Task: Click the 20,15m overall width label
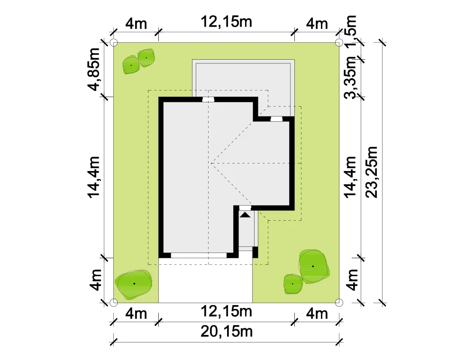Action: (x=227, y=332)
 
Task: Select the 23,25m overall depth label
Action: (x=372, y=172)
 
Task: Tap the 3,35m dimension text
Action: (x=351, y=78)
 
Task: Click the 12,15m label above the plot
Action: (x=227, y=22)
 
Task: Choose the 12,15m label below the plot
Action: (x=227, y=311)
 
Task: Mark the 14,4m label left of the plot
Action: (x=94, y=177)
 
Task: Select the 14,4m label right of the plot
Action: (x=351, y=177)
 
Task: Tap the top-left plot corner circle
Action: (x=113, y=42)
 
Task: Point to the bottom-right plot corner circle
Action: (x=339, y=302)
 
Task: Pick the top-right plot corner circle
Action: (x=339, y=42)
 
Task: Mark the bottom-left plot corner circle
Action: (x=113, y=302)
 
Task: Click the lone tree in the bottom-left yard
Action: (x=134, y=284)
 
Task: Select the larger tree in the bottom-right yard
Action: (x=313, y=266)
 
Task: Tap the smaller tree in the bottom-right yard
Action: (x=292, y=284)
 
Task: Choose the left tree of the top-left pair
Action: (x=131, y=65)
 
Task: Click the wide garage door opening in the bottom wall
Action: (x=199, y=255)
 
